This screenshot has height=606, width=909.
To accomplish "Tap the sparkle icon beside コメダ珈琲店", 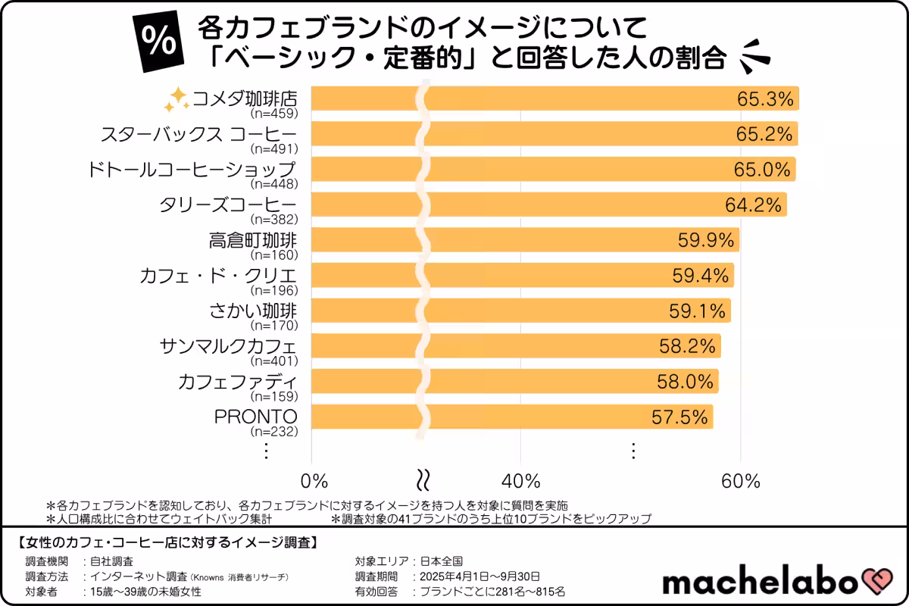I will tap(176, 99).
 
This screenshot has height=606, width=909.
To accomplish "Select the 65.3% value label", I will tap(764, 99).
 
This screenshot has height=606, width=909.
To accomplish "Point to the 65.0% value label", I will tap(762, 170).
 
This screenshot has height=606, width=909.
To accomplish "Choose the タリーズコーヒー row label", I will tap(228, 205).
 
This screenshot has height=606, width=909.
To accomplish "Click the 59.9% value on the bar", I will tap(706, 240).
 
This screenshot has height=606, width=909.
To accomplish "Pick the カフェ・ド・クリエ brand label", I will tap(218, 275).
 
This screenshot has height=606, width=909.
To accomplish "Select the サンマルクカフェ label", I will tap(228, 346).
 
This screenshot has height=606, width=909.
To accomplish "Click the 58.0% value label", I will tap(686, 381).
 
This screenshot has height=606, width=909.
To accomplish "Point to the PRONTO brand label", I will tap(256, 417).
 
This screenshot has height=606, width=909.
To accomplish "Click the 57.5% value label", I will tap(680, 417).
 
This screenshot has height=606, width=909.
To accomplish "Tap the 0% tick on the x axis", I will tap(314, 481).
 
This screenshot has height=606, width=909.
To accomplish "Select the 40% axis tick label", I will tap(521, 481).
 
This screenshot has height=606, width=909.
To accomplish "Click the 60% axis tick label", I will tap(740, 481).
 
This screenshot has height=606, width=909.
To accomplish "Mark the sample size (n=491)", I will tap(273, 148).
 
